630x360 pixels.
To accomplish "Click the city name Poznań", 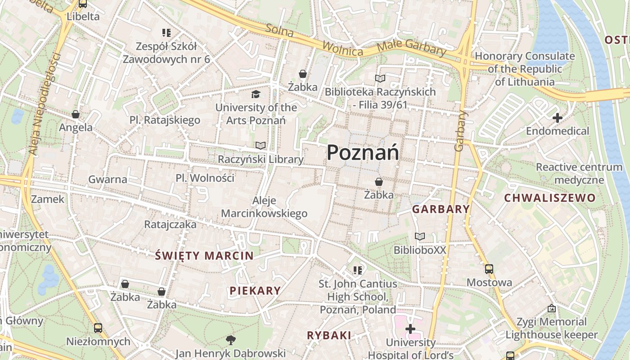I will pyautogui.click(x=363, y=153).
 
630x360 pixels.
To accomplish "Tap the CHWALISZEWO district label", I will pyautogui.click(x=549, y=198).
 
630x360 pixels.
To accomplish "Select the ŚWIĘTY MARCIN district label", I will pyautogui.click(x=204, y=256).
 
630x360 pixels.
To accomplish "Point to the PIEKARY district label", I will pyautogui.click(x=255, y=291).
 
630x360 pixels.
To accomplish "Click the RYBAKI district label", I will pyautogui.click(x=329, y=335).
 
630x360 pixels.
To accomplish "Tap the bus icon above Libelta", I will pyautogui.click(x=83, y=4).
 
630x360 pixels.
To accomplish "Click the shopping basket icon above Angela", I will pyautogui.click(x=76, y=115).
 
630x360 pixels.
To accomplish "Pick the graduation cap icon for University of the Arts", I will pyautogui.click(x=256, y=94).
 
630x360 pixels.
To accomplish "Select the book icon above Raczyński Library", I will pyautogui.click(x=261, y=146).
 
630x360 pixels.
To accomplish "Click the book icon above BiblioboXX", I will pyautogui.click(x=420, y=237).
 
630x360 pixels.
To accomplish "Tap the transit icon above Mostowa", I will pyautogui.click(x=489, y=269).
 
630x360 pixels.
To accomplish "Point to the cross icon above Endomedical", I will pyautogui.click(x=558, y=118).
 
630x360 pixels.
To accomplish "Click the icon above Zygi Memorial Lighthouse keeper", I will pyautogui.click(x=552, y=309).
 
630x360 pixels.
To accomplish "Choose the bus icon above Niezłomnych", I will pyautogui.click(x=98, y=328).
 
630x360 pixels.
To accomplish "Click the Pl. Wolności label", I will pyautogui.click(x=205, y=178).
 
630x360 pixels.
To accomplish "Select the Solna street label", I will pyautogui.click(x=279, y=31).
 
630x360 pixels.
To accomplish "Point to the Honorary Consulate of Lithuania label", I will pyautogui.click(x=525, y=69).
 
